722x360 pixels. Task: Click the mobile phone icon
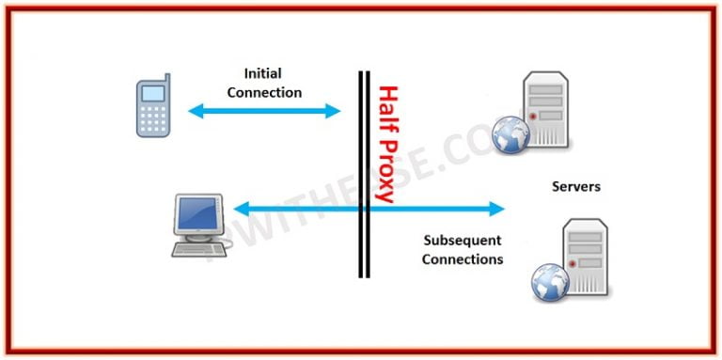coord(153,105)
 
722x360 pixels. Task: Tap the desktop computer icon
coord(197,224)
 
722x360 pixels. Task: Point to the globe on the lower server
coord(550,282)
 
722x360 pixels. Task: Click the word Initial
coord(263,73)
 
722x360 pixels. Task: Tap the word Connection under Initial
coord(264,92)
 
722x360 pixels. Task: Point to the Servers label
coord(575,187)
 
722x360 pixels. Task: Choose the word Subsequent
coord(462,240)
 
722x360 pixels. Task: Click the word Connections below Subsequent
coord(462,258)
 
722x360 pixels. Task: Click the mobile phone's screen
coord(153,93)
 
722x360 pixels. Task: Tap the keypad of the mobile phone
coord(153,118)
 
